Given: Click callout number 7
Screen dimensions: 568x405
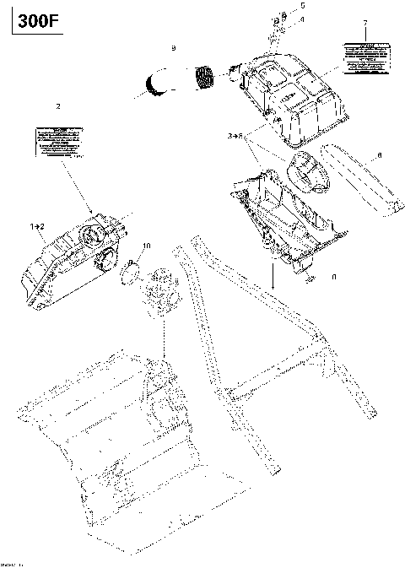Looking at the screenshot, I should coord(364,22).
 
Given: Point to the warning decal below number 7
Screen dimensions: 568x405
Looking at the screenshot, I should coord(364,55).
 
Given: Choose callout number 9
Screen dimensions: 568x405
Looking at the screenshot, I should coord(173,49).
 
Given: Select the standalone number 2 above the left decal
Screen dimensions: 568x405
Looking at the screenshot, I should coord(57,105).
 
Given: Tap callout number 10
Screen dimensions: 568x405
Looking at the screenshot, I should coord(147,246).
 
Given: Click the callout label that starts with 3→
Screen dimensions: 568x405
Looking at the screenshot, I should coord(235,135).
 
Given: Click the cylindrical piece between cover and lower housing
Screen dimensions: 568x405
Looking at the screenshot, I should coord(309,172).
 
